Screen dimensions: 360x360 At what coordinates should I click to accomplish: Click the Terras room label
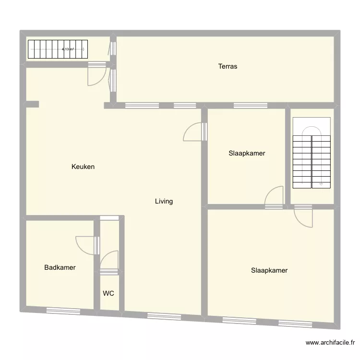(228, 66)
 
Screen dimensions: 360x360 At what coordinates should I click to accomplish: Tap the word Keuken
(83, 167)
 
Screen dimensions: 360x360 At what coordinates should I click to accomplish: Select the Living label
(164, 202)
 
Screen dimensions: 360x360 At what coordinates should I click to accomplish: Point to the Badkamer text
(60, 268)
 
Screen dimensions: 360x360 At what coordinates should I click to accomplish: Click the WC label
(108, 293)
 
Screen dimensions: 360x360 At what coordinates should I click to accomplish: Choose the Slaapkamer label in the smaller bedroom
(247, 154)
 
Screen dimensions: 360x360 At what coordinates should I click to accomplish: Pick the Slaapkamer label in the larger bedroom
(269, 270)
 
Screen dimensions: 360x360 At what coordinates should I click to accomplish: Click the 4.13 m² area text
(68, 49)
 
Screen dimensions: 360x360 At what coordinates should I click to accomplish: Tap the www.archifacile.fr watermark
(331, 343)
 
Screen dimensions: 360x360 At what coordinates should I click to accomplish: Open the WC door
(110, 262)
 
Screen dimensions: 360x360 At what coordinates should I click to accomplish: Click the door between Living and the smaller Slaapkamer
(195, 132)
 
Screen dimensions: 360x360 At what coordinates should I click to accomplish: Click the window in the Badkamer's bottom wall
(63, 311)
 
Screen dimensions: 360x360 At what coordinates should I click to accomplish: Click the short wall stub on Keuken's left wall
(32, 104)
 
